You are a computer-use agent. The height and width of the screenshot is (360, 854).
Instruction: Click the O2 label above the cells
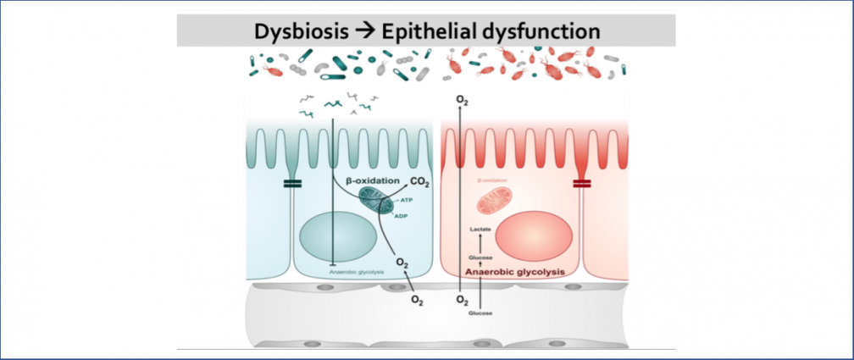click(x=462, y=101)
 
